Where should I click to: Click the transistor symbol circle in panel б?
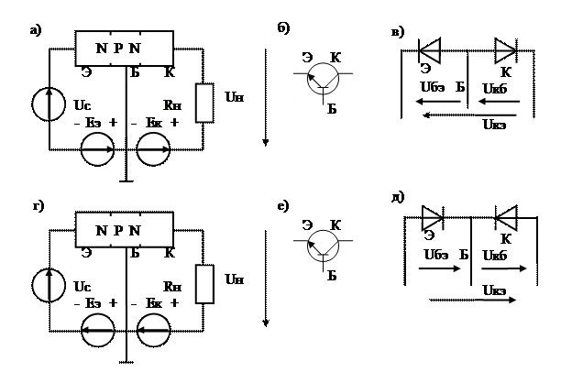tap(319, 80)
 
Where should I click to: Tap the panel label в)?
tap(398, 34)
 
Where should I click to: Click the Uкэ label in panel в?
tap(495, 127)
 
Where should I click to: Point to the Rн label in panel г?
tap(172, 285)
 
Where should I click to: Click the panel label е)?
tap(283, 205)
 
